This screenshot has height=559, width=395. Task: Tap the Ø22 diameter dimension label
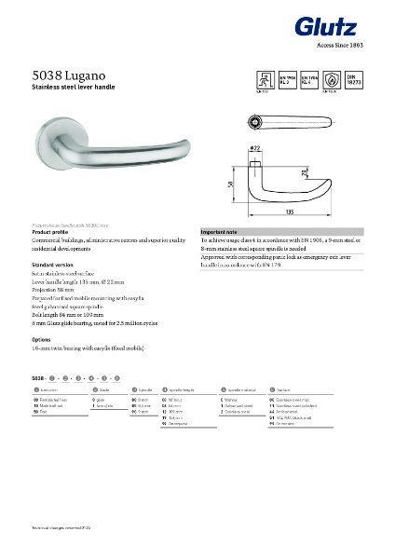pyautogui.click(x=253, y=147)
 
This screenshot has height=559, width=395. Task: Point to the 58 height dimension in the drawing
pyautogui.click(x=230, y=185)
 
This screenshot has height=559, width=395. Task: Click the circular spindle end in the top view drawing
pyautogui.click(x=256, y=123)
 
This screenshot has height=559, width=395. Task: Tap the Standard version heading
pyautogui.click(x=53, y=266)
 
